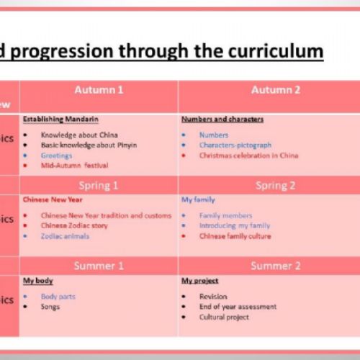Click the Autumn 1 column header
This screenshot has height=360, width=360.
[99, 90]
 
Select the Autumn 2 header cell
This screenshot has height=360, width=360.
[276, 90]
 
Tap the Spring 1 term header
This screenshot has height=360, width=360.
[99, 186]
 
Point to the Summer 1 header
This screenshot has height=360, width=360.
[99, 266]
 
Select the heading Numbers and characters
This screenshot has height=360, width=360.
[222, 119]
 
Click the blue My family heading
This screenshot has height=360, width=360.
[198, 199]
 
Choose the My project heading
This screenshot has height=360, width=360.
[200, 280]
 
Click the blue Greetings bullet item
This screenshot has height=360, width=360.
[57, 155]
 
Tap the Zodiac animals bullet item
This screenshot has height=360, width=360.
[66, 235]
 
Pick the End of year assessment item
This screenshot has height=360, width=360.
[238, 306]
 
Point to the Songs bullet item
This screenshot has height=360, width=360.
[50, 306]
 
